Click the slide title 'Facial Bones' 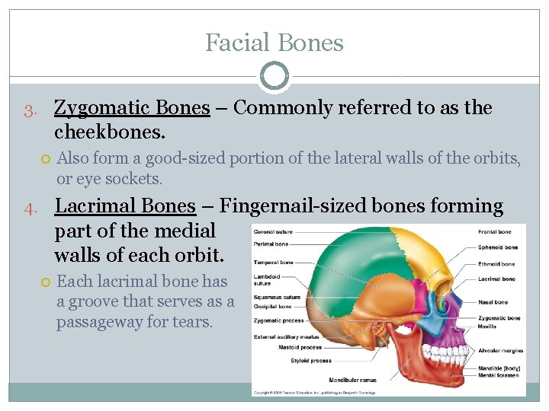tap(274, 43)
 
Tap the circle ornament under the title tap(274, 76)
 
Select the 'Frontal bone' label tap(494, 231)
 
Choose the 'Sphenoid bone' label tap(497, 247)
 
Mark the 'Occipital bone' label tap(273, 306)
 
